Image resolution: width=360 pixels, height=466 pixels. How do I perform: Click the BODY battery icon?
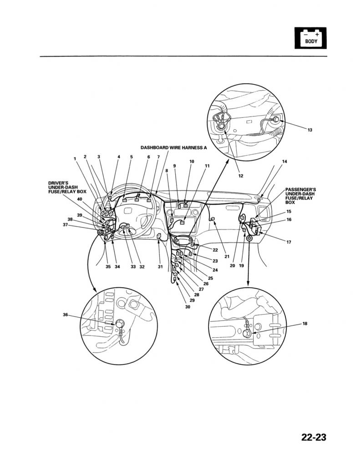coord(311,38)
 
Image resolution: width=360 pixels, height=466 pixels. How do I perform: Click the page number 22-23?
coord(314,438)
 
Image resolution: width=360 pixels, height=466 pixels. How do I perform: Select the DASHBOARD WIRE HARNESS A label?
coord(173,148)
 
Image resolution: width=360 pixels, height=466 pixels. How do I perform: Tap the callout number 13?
coord(310,130)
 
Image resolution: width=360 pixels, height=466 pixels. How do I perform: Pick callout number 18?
coord(305,324)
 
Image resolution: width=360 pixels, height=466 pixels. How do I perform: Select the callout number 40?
coord(80,199)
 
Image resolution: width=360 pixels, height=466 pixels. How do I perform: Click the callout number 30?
coord(188,307)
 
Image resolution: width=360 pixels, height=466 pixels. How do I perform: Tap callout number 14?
coord(285,162)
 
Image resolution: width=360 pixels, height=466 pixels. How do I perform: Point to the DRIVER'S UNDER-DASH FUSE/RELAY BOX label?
coord(67,187)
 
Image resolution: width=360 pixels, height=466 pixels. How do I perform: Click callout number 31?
coord(160,267)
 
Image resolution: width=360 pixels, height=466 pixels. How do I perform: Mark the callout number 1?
coord(75,159)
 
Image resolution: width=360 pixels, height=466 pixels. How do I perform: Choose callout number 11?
coord(207,166)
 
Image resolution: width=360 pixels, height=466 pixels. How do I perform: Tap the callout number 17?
coord(289,242)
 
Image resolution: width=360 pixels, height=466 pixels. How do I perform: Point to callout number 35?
coord(108,267)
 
